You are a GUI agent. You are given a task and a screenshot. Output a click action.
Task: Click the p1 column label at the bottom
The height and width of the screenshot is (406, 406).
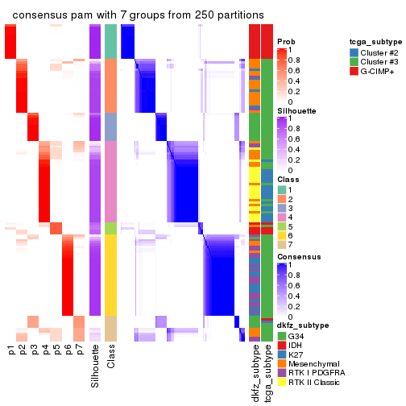(11, 350)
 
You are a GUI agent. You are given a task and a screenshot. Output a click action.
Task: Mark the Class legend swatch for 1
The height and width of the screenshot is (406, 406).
(282, 188)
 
